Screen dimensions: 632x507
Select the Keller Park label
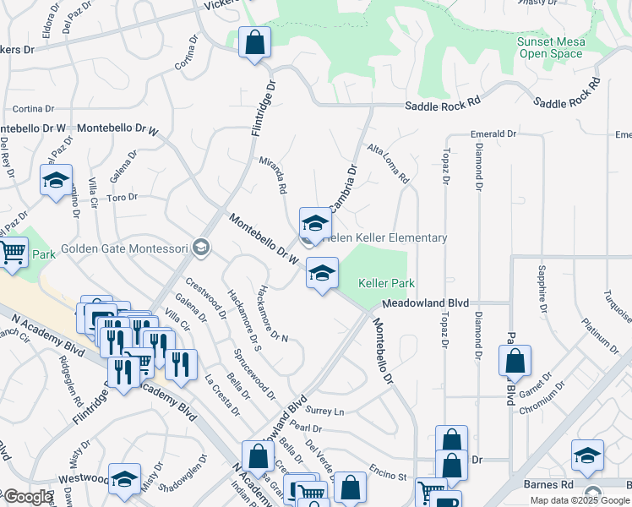pos(386,283)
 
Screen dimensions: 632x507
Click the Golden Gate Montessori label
pos(139,248)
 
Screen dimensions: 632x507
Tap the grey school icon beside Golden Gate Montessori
pos(201,247)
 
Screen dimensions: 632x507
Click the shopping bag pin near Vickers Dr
pos(254,42)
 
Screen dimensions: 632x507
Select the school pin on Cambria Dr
pos(315,225)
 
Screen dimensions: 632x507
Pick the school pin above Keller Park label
pos(321,274)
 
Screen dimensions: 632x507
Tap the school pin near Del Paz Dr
pos(56,180)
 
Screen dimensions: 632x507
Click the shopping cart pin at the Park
pos(13,253)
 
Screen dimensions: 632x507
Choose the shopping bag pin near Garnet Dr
pos(515,362)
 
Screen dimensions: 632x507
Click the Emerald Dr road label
pos(493,134)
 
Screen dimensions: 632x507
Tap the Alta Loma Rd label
pos(388,164)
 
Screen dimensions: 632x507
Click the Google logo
pos(27,497)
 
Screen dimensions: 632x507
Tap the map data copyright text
pos(580,500)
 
